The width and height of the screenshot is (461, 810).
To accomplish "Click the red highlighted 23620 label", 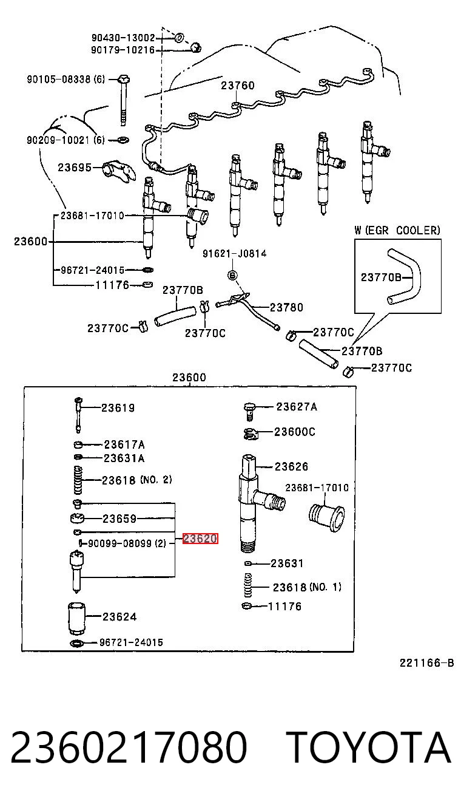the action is [200, 539].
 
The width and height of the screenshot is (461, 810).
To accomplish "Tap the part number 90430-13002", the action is [123, 38].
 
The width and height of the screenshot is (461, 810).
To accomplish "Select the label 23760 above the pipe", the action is [238, 86].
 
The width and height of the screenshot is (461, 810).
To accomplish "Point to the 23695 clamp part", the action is [119, 171].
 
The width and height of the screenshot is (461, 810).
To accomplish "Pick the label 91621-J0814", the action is [235, 253].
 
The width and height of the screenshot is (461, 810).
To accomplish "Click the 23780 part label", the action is [286, 307].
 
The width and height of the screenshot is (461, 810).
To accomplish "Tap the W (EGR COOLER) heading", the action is [397, 230].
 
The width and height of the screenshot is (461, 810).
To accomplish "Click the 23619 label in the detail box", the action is [118, 408].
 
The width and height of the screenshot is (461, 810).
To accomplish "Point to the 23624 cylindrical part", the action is [76, 618].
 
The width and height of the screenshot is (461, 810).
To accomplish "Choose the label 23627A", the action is [297, 407].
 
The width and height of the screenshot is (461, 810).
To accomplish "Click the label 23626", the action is [291, 466].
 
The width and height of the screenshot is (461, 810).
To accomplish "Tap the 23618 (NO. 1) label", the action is [307, 587].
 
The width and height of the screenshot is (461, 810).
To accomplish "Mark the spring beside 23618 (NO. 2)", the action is [78, 480].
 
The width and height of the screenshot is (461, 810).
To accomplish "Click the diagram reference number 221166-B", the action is [426, 663].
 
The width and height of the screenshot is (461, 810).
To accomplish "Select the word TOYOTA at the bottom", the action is [369, 748].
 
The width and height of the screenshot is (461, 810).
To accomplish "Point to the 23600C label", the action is [294, 432].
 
